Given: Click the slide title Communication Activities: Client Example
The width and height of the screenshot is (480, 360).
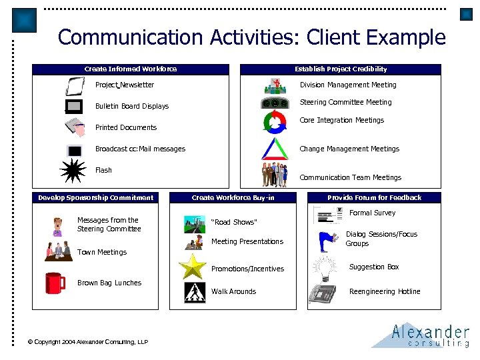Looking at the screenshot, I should point(251,37).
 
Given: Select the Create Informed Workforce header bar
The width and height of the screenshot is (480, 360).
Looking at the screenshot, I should point(131,69).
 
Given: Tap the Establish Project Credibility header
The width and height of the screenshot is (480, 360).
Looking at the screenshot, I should point(341,69).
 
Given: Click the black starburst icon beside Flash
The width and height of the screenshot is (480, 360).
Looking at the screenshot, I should point(73,171).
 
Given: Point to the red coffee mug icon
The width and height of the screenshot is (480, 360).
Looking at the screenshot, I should point(55,283).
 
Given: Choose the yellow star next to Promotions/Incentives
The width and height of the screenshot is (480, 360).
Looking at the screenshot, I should point(195,267).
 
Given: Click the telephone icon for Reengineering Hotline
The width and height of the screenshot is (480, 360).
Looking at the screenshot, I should point(323,293).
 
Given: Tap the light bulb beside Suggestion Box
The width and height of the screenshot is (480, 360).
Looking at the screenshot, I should point(325,269).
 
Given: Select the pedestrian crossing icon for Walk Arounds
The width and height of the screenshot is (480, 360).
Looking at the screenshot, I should point(195,293).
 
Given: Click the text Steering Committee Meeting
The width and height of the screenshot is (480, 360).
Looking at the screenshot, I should point(345,102).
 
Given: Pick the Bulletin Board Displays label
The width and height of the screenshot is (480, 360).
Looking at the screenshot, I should point(132,106).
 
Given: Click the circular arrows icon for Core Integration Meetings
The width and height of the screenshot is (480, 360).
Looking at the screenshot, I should point(275,123).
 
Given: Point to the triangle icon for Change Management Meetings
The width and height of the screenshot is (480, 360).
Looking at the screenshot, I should point(274,148).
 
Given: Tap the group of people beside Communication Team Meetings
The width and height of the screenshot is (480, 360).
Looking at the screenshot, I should point(274,174).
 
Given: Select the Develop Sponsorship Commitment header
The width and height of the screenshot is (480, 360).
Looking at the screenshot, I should point(95,197).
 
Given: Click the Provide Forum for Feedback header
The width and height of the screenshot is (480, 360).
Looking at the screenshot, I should point(374,197).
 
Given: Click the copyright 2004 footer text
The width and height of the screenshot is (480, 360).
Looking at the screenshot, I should point(88,342).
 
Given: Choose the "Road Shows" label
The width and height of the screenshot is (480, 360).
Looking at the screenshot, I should point(233,223).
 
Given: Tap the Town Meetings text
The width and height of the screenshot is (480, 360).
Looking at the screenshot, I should point(102,252).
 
